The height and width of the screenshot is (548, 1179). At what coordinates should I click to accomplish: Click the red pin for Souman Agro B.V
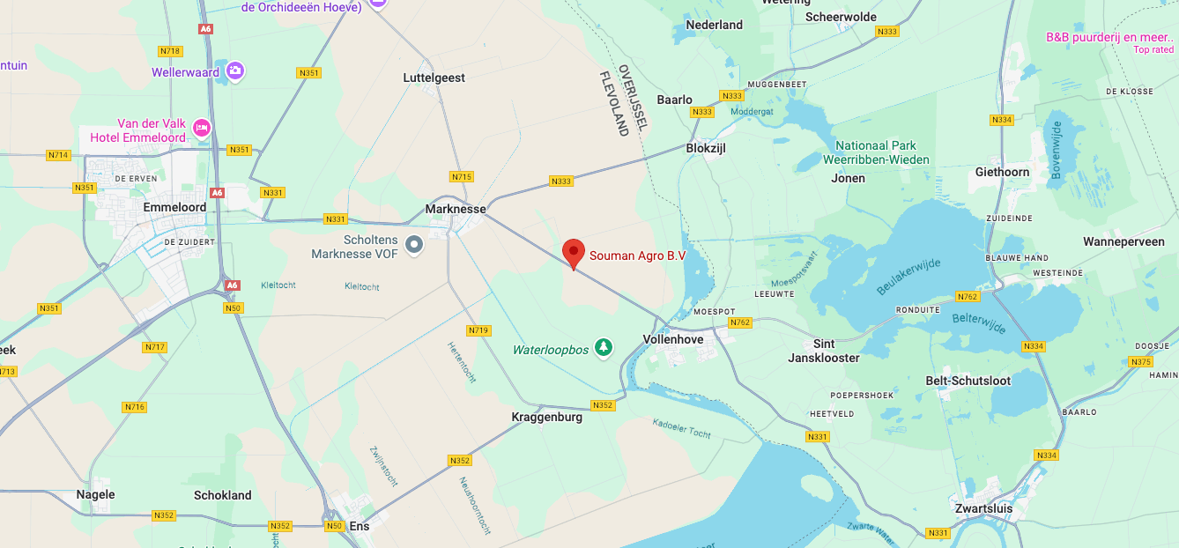(574, 252)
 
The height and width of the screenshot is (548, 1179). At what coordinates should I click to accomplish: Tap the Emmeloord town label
(174, 208)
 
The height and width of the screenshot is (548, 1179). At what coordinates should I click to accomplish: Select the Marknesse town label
(456, 209)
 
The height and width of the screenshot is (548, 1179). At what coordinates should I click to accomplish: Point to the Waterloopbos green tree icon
(604, 349)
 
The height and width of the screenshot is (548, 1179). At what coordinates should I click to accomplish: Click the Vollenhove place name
(673, 339)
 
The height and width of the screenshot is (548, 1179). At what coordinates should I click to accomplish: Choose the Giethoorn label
(1002, 172)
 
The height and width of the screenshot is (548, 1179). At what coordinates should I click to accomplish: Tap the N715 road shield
(462, 177)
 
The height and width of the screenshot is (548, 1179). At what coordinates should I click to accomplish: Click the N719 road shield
(478, 330)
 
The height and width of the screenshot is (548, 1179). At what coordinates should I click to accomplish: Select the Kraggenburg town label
(546, 417)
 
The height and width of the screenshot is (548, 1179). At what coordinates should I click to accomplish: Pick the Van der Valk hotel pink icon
(202, 129)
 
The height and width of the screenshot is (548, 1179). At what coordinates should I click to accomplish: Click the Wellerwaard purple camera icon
(234, 70)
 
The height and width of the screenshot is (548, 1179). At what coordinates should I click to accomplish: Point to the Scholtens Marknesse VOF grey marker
(413, 245)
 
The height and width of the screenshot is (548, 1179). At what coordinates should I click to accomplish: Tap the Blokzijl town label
(706, 148)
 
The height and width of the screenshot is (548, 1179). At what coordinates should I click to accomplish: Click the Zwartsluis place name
(983, 508)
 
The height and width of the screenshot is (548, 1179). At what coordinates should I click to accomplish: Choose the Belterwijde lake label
(979, 322)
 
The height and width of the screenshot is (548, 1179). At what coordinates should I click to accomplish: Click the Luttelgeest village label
(434, 78)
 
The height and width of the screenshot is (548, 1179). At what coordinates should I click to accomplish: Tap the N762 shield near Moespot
(739, 322)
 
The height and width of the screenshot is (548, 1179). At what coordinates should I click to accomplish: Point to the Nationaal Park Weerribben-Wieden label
(875, 152)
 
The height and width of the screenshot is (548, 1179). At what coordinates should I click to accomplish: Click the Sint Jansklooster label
(824, 351)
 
